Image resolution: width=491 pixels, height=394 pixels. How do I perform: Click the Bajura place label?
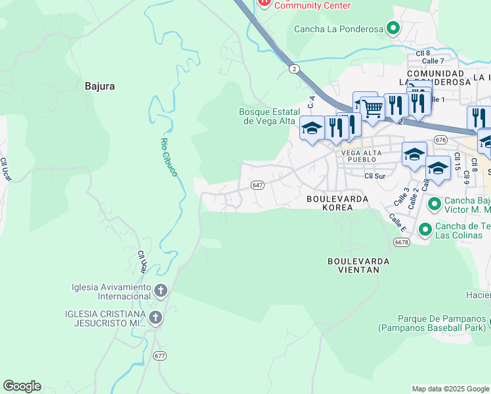click(100, 85)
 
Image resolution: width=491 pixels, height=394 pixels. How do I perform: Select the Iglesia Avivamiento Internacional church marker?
click(161, 290)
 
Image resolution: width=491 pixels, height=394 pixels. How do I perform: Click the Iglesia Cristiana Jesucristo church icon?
click(156, 318)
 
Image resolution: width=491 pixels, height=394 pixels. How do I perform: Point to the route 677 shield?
click(160, 355)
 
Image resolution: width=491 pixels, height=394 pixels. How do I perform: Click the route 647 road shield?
click(258, 186)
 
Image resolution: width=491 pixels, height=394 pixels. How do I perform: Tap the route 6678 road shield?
click(402, 242)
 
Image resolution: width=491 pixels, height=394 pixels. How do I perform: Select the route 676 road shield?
click(440, 140)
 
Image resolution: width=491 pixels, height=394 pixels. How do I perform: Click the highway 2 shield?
click(293, 68)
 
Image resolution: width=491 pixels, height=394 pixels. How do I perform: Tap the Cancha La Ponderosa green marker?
click(393, 28)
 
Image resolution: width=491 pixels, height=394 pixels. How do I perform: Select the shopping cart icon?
click(372, 108)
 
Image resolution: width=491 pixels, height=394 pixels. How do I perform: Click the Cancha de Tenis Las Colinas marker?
click(425, 229)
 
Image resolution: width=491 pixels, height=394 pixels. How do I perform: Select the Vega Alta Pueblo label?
click(358, 155)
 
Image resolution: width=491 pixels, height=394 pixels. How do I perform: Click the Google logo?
click(22, 386)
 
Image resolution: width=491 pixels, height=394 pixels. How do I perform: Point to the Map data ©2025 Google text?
click(450, 389)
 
